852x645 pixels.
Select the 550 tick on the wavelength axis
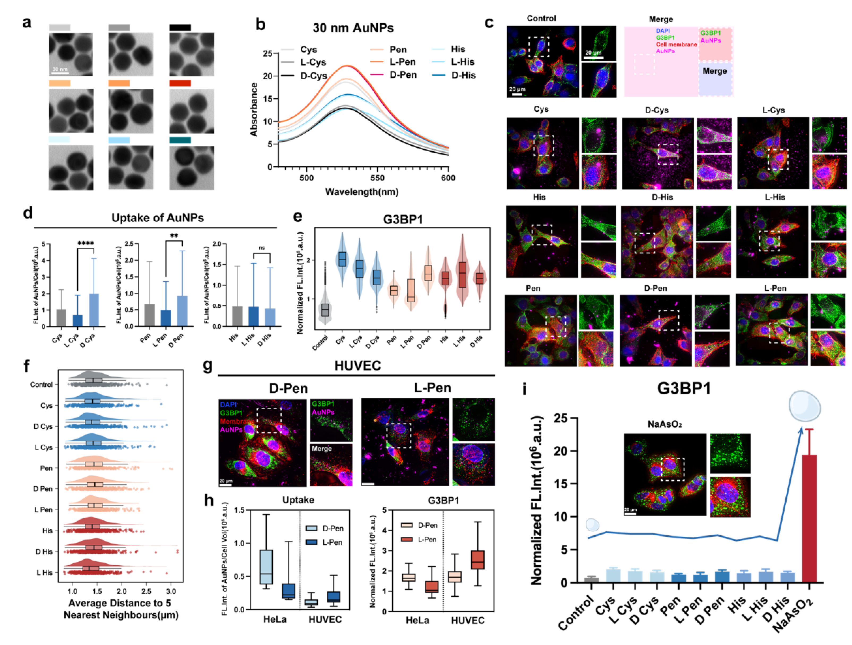click(377, 178)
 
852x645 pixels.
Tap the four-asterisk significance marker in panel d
click(86, 243)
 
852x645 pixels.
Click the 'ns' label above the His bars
click(262, 248)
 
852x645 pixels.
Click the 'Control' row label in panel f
click(41, 384)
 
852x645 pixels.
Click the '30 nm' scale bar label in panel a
click(60, 69)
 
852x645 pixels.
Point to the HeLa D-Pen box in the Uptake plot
click(266, 567)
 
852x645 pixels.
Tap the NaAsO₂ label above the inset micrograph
click(664, 424)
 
